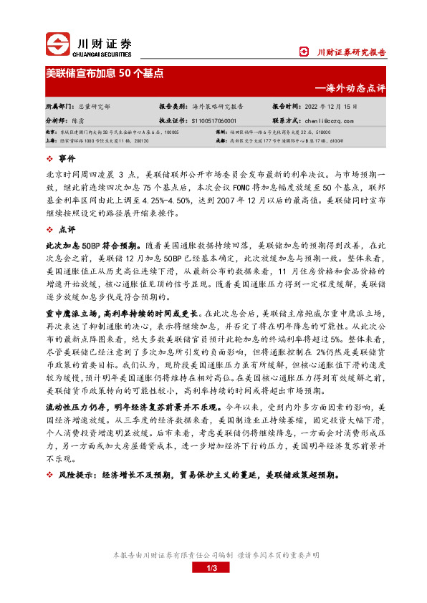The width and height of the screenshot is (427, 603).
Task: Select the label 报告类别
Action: [173, 105]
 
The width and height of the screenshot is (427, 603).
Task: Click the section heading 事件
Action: [67, 158]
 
